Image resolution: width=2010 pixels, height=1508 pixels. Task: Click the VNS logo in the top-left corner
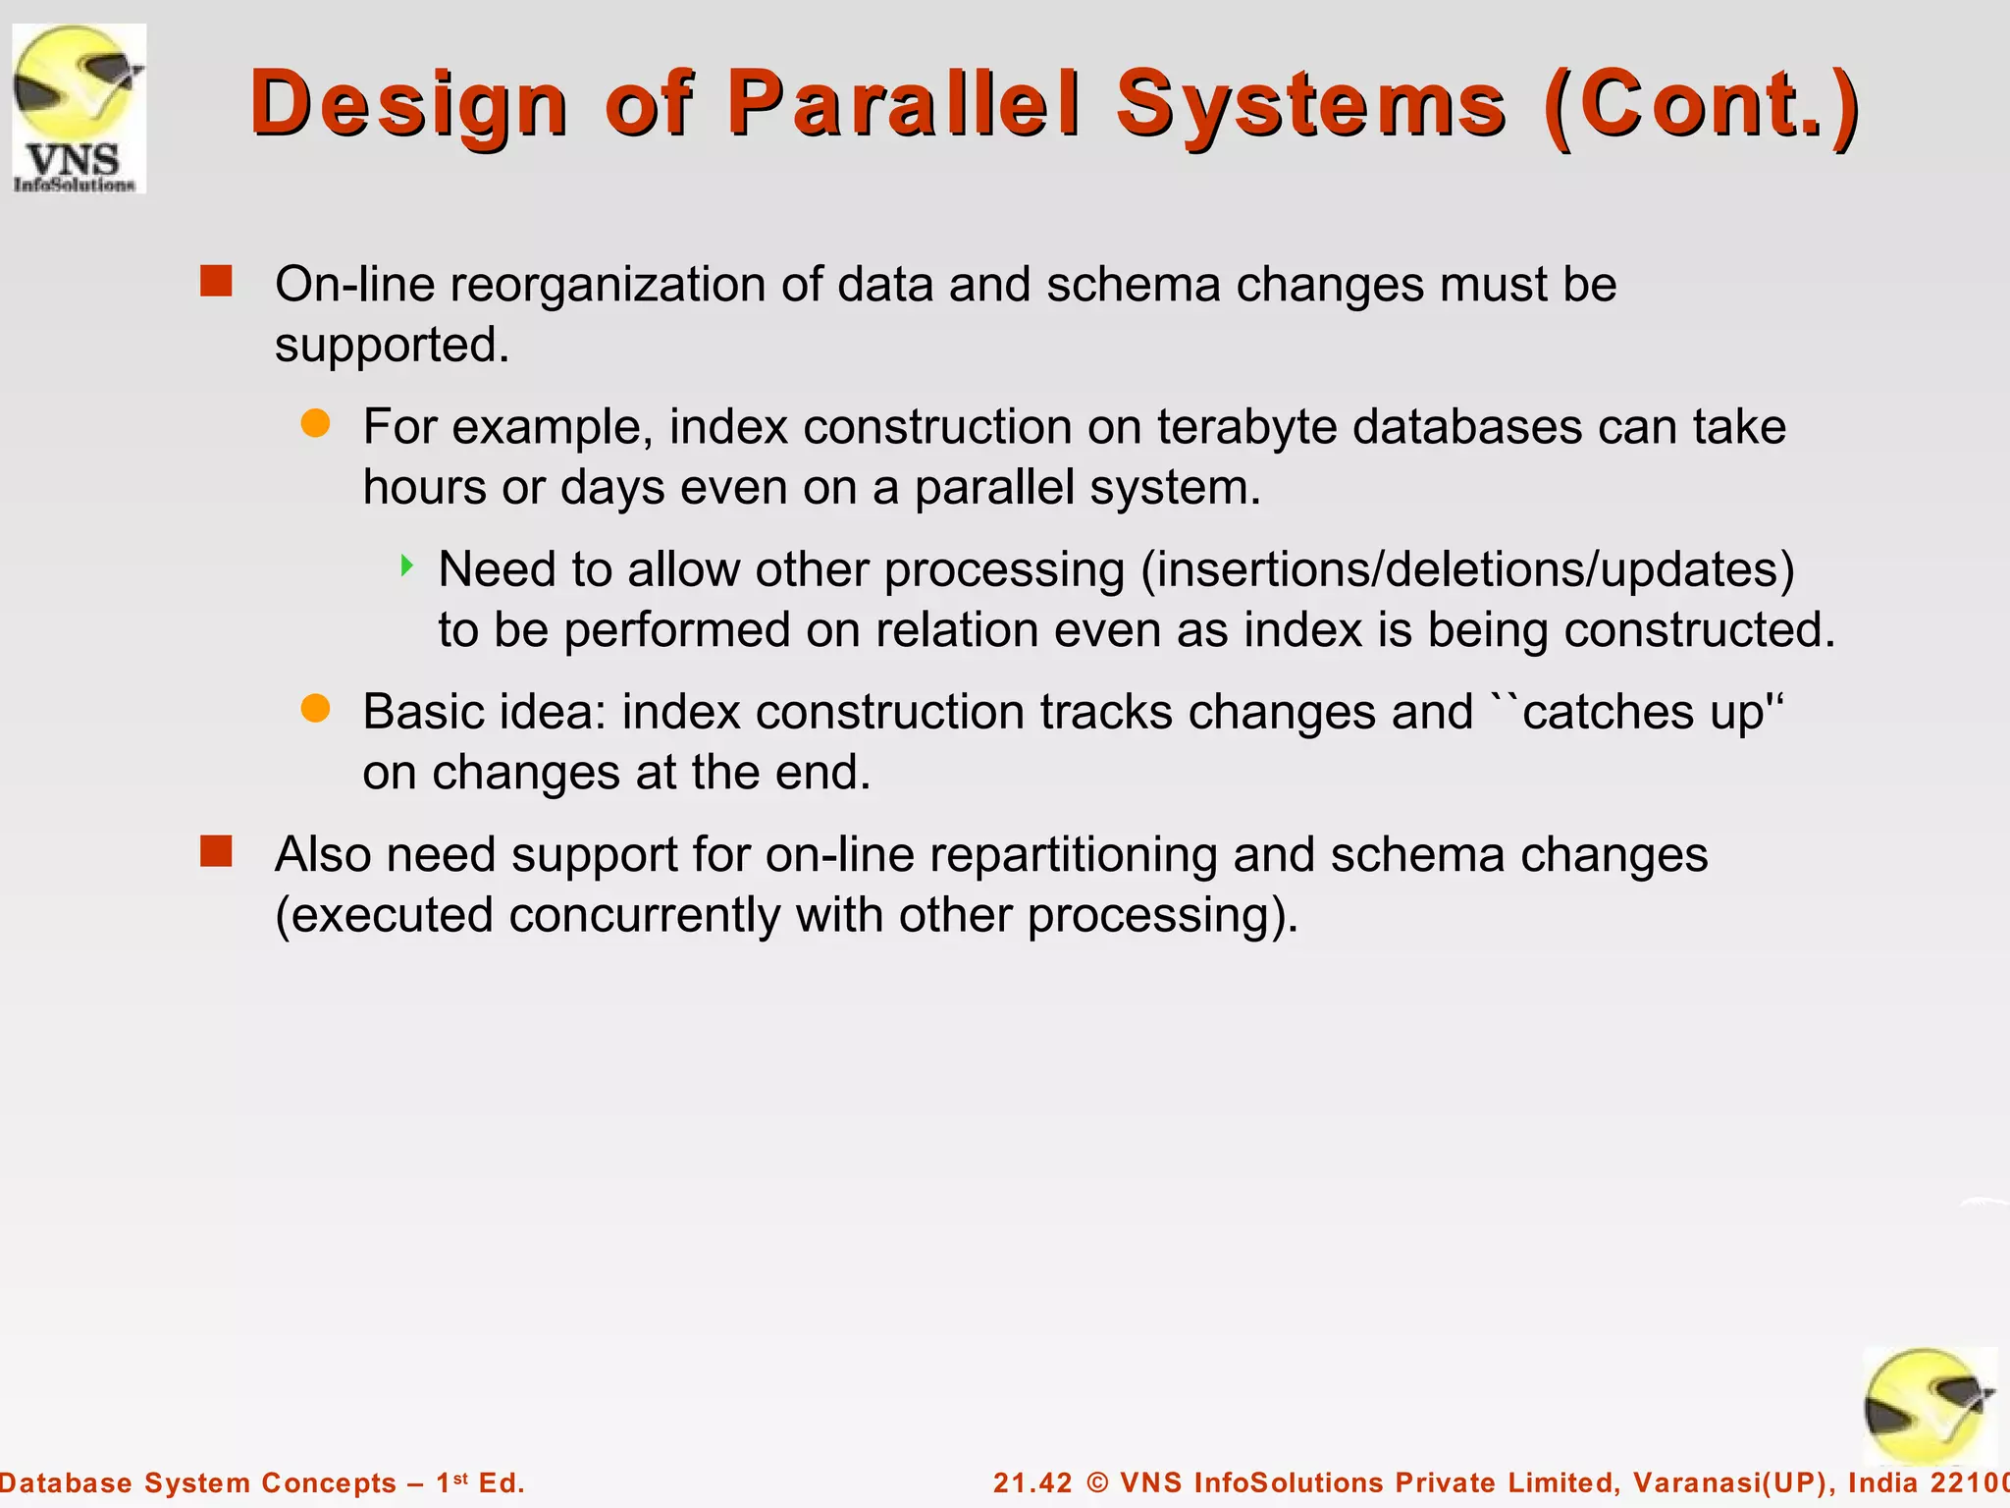click(x=79, y=108)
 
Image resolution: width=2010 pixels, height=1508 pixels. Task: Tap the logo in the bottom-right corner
click(x=1929, y=1406)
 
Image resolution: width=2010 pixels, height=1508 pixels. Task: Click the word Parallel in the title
click(x=903, y=104)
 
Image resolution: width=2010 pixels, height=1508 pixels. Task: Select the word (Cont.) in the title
click(x=1701, y=104)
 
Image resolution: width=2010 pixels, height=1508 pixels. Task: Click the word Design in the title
click(x=408, y=104)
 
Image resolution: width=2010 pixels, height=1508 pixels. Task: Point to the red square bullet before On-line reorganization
click(x=216, y=282)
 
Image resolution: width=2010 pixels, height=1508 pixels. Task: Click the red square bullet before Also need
click(x=216, y=851)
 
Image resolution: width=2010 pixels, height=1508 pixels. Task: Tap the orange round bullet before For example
click(x=315, y=424)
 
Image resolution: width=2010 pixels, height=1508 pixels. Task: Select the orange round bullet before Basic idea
click(x=315, y=708)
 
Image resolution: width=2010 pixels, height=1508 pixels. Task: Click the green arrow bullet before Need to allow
click(x=406, y=565)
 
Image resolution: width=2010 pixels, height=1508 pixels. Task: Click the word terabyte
click(x=1246, y=427)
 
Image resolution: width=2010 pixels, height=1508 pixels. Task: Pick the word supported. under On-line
click(x=392, y=346)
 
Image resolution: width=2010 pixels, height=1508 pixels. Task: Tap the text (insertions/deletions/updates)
click(x=1466, y=569)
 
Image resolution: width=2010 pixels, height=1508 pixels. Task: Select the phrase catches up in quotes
click(x=1644, y=712)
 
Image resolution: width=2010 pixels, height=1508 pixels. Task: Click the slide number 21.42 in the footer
click(x=1032, y=1482)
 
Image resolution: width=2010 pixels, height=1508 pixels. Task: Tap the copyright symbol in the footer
click(x=1098, y=1482)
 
